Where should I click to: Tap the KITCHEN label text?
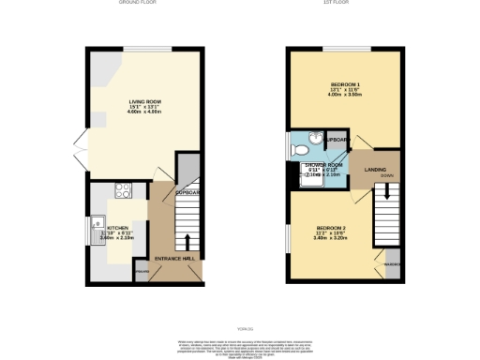[117, 227]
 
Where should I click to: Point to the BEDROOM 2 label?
[332, 229]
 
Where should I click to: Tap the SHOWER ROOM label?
[323, 165]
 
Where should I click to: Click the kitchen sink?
[97, 225]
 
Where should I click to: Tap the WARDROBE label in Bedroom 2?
[392, 264]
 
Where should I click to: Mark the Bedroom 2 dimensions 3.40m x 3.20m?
[332, 240]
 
